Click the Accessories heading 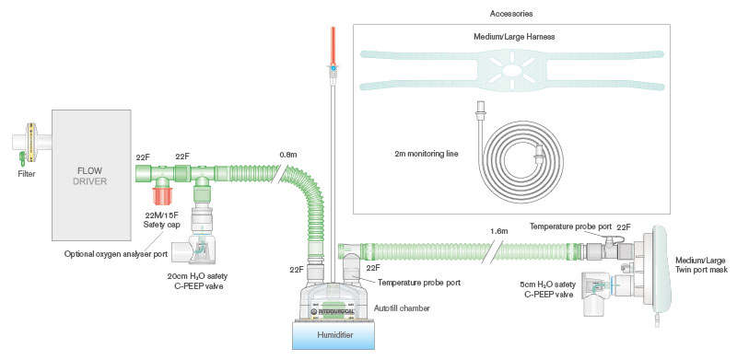tap(510, 15)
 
